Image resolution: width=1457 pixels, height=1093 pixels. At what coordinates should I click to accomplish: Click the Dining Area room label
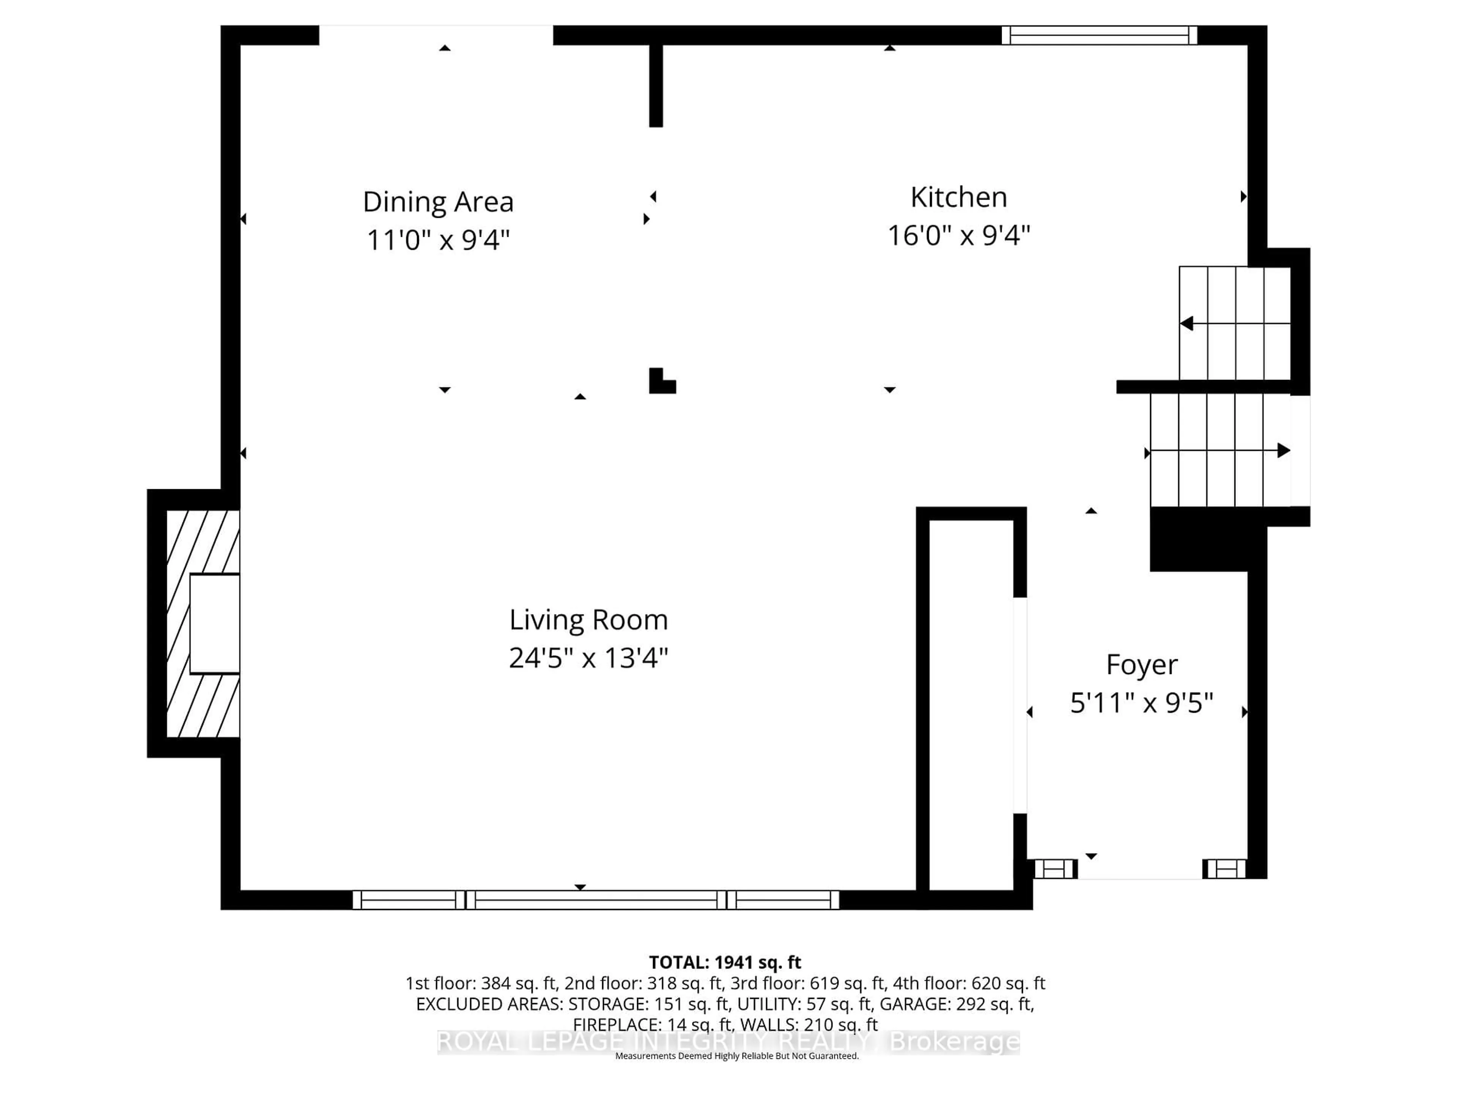[x=438, y=202]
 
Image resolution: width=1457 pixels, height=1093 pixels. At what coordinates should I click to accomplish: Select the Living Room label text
[x=588, y=620]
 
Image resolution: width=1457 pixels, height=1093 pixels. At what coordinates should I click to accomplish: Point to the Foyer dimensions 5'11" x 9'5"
[x=1141, y=703]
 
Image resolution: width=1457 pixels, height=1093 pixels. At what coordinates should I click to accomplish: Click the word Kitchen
[x=958, y=197]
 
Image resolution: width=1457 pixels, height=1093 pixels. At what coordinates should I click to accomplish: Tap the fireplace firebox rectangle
[x=214, y=623]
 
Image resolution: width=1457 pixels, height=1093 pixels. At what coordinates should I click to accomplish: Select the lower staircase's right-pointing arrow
[x=1283, y=450]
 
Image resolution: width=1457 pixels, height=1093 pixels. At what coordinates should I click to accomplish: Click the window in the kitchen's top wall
[x=1099, y=35]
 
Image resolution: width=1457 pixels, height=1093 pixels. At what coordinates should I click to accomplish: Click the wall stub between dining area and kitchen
[x=655, y=86]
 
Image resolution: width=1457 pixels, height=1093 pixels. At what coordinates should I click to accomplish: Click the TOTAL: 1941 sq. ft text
[x=725, y=962]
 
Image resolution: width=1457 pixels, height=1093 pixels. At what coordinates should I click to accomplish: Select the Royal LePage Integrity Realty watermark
[x=728, y=1042]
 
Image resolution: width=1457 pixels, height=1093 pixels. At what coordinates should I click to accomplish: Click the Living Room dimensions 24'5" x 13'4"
[x=588, y=658]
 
